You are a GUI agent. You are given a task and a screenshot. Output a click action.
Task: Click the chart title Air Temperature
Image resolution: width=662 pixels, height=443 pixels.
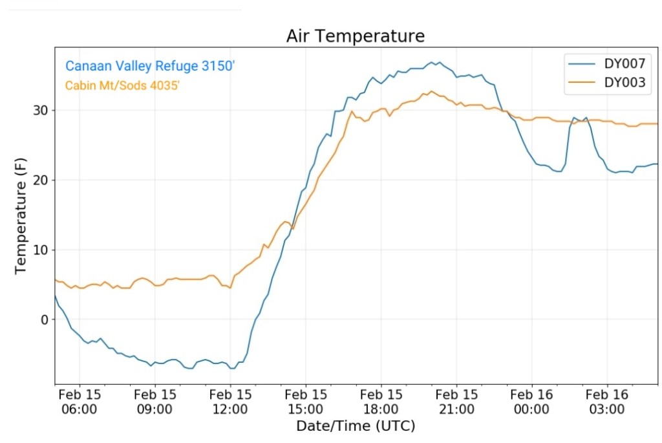click(356, 36)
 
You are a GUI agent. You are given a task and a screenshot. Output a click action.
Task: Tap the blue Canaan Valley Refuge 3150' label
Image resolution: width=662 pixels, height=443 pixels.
click(148, 66)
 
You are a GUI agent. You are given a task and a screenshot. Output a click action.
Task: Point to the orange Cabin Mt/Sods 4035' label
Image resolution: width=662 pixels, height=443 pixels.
click(122, 85)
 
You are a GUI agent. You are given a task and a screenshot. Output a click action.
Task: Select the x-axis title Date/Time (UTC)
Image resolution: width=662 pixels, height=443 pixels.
click(356, 426)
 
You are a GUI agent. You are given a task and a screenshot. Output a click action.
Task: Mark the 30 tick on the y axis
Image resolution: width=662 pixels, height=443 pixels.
click(41, 111)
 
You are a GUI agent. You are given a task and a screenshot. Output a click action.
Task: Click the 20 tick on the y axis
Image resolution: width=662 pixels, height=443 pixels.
click(41, 180)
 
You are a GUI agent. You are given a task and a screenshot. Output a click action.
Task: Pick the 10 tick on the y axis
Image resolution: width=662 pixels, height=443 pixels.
click(41, 250)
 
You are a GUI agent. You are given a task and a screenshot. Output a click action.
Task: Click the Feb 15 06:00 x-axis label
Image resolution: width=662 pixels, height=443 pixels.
click(80, 402)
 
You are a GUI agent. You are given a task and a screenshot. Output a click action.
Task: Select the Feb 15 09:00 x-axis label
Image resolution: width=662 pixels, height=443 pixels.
click(155, 402)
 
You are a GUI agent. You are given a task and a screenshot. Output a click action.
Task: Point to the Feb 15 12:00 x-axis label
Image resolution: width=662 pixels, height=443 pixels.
click(230, 402)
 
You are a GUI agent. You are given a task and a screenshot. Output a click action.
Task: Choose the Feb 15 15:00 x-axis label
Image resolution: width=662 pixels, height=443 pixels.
click(306, 402)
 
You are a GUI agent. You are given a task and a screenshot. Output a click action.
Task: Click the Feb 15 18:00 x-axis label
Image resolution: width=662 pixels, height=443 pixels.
click(381, 402)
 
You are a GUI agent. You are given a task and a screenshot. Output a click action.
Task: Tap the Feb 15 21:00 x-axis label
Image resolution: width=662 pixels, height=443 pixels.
click(456, 402)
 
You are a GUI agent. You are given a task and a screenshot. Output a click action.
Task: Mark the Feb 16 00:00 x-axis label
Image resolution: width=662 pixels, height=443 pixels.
click(531, 402)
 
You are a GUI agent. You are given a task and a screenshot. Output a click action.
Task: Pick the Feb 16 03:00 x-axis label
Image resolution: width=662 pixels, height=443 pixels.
click(607, 402)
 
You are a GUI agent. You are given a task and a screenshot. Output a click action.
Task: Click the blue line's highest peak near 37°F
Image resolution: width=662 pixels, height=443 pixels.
click(440, 62)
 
